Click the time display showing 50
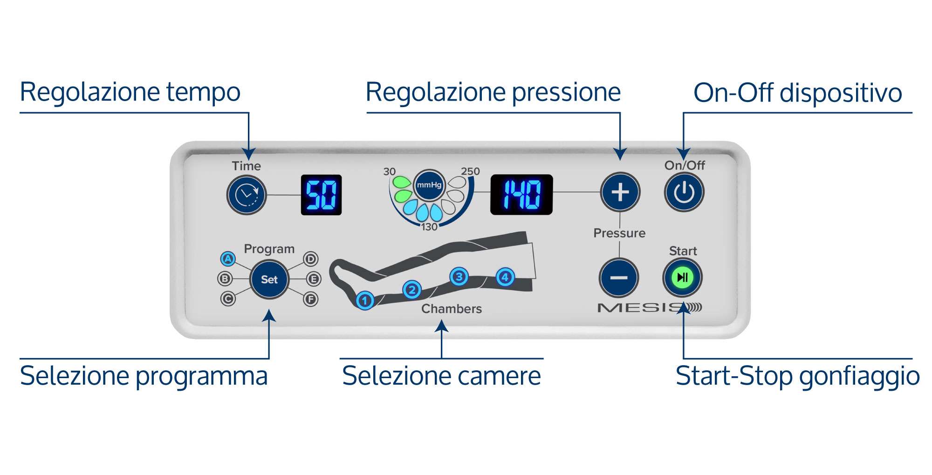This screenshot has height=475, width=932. pyautogui.click(x=321, y=195)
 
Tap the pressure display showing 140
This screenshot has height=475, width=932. pyautogui.click(x=521, y=194)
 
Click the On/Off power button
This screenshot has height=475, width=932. pyautogui.click(x=684, y=192)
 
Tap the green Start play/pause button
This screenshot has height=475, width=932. pyautogui.click(x=682, y=278)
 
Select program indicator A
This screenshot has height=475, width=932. pyautogui.click(x=227, y=258)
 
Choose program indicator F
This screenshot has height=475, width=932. pyautogui.click(x=311, y=299)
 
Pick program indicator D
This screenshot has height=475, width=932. pyautogui.click(x=311, y=259)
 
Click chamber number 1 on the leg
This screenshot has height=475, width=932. pyautogui.click(x=365, y=300)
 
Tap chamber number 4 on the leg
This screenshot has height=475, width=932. pyautogui.click(x=505, y=277)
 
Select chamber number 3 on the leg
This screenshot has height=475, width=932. pyautogui.click(x=459, y=277)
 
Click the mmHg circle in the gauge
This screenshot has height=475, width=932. pyautogui.click(x=429, y=185)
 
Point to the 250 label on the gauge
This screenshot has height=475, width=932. pyautogui.click(x=470, y=171)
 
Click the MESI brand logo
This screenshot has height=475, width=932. pyautogui.click(x=650, y=308)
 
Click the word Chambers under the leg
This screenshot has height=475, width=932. pyautogui.click(x=452, y=309)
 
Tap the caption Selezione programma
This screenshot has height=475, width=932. pyautogui.click(x=144, y=376)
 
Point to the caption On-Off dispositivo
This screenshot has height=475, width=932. pyautogui.click(x=798, y=93)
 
